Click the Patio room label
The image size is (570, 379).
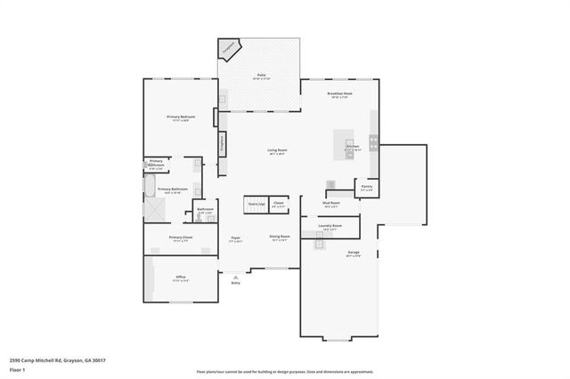(x=262, y=76)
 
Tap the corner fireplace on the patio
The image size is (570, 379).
(x=231, y=48)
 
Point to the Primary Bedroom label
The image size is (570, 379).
(x=181, y=117)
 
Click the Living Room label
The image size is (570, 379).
(x=277, y=150)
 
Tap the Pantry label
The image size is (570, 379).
(x=367, y=188)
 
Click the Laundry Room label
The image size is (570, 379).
(x=331, y=226)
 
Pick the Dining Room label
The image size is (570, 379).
(x=281, y=237)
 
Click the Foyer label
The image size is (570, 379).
(x=236, y=238)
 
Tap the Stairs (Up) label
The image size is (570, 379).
(x=256, y=204)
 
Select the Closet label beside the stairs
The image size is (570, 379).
(x=279, y=204)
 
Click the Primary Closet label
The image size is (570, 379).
(x=181, y=238)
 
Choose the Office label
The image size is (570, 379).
(x=180, y=278)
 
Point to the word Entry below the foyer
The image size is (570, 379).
(x=235, y=283)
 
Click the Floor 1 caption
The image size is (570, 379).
(x=17, y=368)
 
